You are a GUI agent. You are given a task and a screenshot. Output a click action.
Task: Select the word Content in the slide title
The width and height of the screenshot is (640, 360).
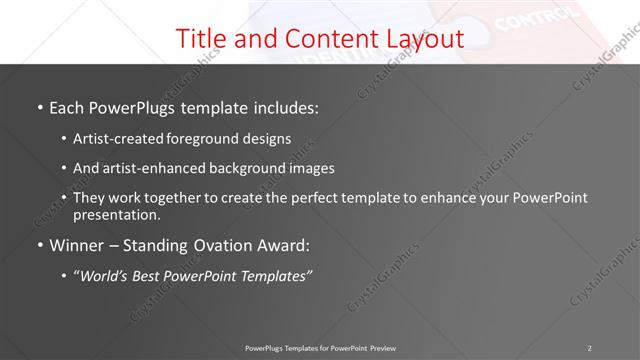(x=314, y=39)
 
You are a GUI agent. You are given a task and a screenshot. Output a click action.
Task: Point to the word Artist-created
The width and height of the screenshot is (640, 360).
(x=114, y=139)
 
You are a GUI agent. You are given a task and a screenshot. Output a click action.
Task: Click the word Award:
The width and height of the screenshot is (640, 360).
(x=284, y=244)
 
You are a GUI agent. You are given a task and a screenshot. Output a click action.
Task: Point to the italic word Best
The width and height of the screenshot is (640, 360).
(x=154, y=275)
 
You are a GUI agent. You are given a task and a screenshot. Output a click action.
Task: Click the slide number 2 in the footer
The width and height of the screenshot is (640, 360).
(x=590, y=348)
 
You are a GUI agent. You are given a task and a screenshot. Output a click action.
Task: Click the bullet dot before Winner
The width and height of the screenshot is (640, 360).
(x=39, y=245)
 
